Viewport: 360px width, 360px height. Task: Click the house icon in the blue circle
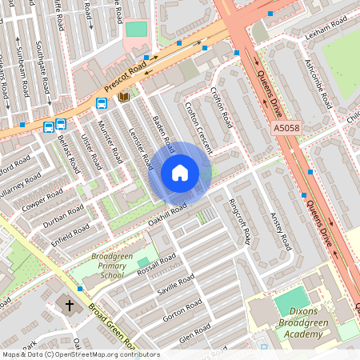point(180,172)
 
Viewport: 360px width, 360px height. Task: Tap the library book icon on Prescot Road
point(123,97)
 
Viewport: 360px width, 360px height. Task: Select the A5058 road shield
point(286,129)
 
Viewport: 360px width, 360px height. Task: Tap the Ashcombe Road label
point(318,85)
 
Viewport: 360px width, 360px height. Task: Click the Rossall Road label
point(156,263)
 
